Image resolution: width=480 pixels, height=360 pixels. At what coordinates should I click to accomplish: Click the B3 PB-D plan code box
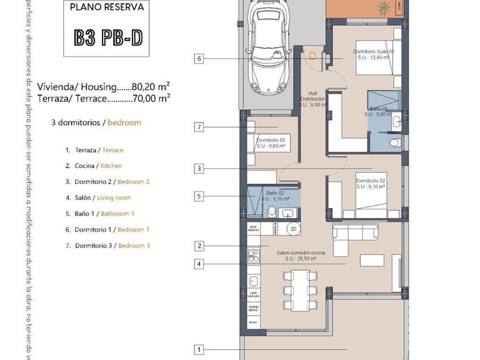click(107, 39)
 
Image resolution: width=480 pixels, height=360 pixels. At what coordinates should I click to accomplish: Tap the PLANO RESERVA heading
click(107, 8)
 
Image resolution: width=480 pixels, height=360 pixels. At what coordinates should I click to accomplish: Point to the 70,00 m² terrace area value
click(151, 98)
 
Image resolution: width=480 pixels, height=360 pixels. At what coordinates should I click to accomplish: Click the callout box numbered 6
click(199, 59)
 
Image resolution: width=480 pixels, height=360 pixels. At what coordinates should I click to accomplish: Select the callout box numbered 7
click(199, 127)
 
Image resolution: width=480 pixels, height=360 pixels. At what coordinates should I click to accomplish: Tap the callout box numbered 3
click(199, 168)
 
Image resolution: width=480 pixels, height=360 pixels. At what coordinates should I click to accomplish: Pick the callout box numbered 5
click(199, 196)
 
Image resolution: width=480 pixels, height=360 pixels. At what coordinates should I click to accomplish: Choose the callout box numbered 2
click(199, 246)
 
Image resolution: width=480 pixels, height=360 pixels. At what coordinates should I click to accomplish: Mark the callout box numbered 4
click(199, 264)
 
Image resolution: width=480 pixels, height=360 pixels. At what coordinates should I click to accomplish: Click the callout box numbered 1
click(199, 349)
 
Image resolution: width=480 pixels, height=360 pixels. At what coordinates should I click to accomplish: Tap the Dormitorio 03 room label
click(271, 143)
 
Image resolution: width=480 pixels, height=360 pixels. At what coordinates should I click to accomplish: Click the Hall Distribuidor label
click(313, 99)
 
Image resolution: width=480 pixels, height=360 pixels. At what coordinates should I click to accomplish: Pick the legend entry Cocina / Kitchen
click(94, 166)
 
